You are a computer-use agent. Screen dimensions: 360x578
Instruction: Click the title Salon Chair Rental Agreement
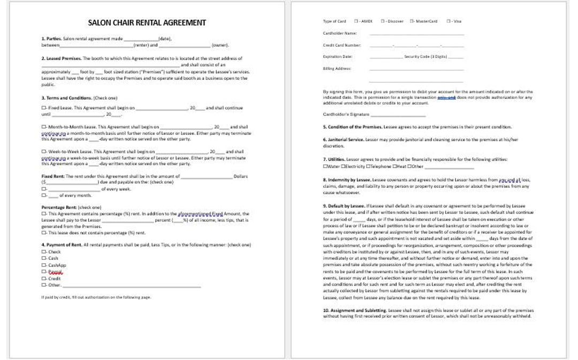(147, 22)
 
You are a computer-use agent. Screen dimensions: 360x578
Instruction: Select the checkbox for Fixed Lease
(44, 108)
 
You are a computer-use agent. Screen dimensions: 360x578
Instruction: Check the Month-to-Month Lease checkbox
(44, 127)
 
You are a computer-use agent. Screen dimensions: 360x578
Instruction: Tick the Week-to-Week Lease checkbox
(44, 152)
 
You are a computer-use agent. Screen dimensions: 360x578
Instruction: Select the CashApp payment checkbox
(44, 265)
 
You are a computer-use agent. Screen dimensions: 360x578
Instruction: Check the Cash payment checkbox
(44, 258)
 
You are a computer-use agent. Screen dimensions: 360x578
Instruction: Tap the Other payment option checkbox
(44, 285)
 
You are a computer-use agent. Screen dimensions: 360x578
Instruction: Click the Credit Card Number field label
(342, 45)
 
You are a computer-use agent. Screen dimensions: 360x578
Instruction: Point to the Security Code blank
(456, 57)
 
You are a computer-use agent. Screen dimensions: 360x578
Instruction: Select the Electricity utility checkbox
(343, 166)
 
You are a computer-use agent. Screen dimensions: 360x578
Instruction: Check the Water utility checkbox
(325, 166)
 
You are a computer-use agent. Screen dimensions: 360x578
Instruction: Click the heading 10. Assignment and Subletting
(354, 310)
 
